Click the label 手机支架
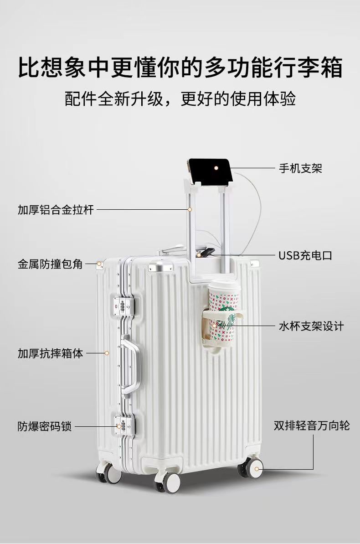point(300,168)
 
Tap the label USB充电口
point(305,255)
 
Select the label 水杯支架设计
point(311,326)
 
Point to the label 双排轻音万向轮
point(312,426)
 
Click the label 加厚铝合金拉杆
point(56,210)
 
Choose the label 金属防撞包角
point(50,264)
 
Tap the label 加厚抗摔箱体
point(50,353)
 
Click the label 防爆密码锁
point(45,427)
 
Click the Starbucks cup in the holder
point(224,312)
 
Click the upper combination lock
point(123,306)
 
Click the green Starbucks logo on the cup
point(225,321)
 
